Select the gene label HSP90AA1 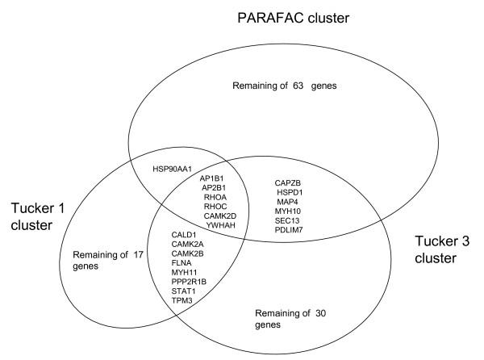point(172,170)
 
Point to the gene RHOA point(215,196)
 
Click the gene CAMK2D point(220,217)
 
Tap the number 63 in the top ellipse point(310,86)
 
